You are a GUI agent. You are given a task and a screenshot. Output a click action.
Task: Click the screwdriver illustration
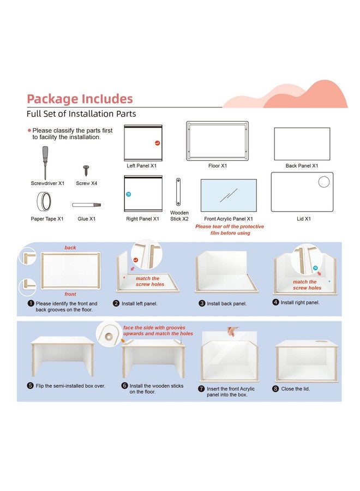tap(45, 163)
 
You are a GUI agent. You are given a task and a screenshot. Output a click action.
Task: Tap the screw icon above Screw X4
tap(86, 171)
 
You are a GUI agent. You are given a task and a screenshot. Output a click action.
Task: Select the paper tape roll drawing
tap(44, 201)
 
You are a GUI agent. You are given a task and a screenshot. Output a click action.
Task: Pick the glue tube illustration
tap(86, 205)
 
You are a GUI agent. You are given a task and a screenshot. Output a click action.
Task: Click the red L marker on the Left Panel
tap(157, 143)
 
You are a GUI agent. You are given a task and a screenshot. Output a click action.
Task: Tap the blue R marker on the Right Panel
tap(128, 194)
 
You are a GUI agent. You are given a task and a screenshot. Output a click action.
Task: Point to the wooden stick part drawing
tap(178, 192)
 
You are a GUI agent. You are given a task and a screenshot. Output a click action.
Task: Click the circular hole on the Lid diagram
tap(323, 182)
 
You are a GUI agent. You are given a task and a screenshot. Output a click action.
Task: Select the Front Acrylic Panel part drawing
tap(229, 195)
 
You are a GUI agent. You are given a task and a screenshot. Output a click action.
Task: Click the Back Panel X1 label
tap(302, 166)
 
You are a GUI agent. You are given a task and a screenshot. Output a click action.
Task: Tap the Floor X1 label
tap(218, 166)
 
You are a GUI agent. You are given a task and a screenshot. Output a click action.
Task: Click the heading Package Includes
tap(80, 99)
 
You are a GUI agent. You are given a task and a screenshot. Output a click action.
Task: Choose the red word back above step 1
tap(70, 247)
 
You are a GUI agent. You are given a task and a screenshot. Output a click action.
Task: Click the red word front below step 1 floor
tap(70, 294)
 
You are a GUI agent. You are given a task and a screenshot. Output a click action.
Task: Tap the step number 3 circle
tap(202, 303)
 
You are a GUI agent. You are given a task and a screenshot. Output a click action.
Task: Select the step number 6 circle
tap(124, 386)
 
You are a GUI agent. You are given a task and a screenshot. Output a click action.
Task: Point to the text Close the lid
tap(295, 388)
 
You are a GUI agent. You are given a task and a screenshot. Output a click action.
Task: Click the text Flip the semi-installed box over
tap(70, 386)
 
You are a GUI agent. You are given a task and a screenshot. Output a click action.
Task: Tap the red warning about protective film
tap(230, 230)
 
